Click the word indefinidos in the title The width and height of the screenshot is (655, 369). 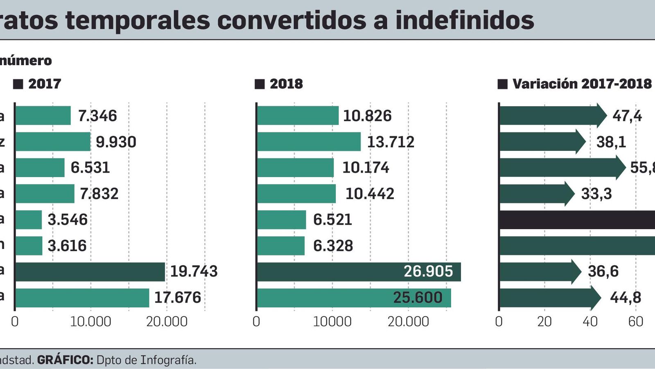click(x=464, y=20)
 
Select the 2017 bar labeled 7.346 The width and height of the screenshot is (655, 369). click(x=43, y=116)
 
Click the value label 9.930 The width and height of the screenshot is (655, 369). click(x=116, y=142)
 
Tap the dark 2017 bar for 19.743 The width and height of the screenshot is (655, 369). click(x=90, y=272)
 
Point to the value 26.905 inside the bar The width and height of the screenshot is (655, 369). click(x=428, y=271)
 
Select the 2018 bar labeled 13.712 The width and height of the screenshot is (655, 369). click(x=309, y=142)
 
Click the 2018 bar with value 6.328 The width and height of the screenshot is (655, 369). click(x=280, y=246)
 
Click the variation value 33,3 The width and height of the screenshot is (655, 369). click(x=596, y=194)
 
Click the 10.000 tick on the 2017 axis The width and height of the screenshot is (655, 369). click(x=90, y=321)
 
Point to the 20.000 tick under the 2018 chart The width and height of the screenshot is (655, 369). click(x=408, y=321)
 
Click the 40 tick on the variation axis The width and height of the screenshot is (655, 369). click(x=590, y=321)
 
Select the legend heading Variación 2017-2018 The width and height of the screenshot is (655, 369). click(x=582, y=84)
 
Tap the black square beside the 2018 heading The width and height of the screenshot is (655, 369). click(x=260, y=84)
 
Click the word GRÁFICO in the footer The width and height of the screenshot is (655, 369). click(x=65, y=360)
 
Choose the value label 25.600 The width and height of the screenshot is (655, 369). click(x=418, y=298)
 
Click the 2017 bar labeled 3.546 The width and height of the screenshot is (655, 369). click(x=29, y=220)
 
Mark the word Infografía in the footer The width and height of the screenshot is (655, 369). click(x=168, y=360)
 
